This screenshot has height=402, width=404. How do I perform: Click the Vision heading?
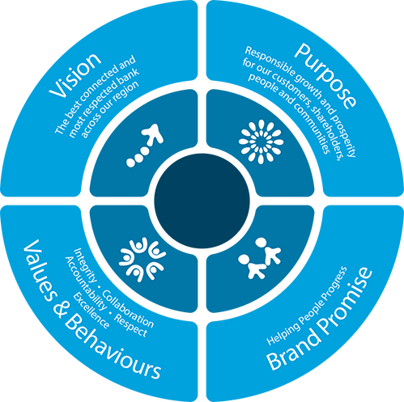tap(75, 75)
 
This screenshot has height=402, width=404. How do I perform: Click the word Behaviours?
tap(114, 348)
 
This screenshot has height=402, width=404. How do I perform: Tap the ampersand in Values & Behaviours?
tap(59, 309)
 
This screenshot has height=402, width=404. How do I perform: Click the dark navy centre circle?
tap(202, 201)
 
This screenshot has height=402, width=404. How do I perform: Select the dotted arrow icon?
tap(145, 146)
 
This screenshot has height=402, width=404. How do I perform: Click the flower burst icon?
tap(261, 142)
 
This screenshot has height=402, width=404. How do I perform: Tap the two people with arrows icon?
tap(259, 258)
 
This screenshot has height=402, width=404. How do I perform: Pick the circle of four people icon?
tap(142, 260)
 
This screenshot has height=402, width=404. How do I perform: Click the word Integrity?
tap(86, 264)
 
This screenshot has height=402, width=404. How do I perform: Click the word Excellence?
tap(91, 311)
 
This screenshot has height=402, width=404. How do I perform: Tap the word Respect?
tap(130, 325)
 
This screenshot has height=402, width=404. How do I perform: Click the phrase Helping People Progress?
tap(307, 306)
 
